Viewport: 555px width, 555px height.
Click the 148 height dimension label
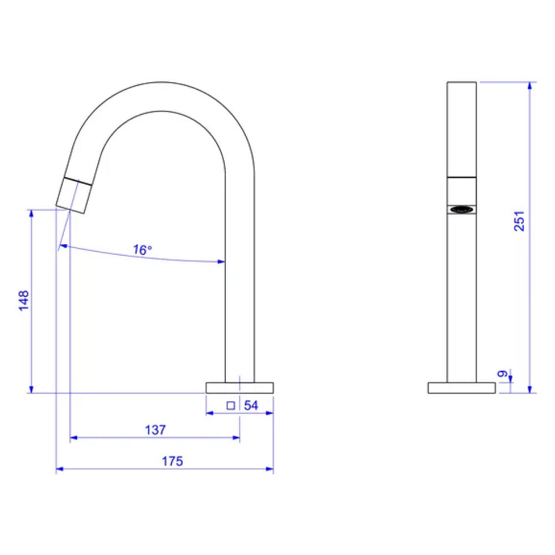coord(24,301)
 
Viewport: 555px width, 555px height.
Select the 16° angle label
coord(142,250)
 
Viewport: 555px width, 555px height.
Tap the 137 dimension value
coord(155,430)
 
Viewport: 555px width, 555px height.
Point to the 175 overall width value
coord(173,461)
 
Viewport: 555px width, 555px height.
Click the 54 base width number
coord(251,405)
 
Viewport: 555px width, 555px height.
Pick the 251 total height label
coord(519,221)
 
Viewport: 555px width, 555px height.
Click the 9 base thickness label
coord(502,374)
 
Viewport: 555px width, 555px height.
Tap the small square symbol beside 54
coord(231,406)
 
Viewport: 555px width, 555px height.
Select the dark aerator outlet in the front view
coord(462,210)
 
